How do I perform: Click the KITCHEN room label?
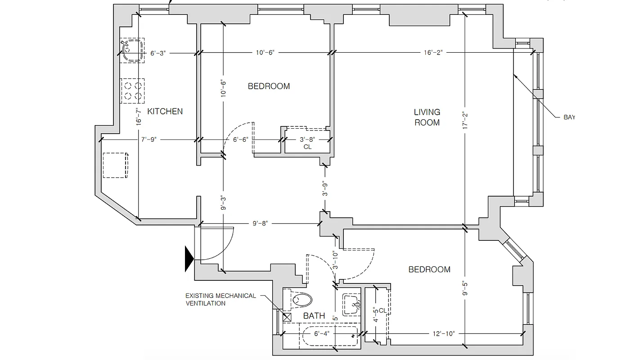[165, 111]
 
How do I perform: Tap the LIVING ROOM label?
[427, 117]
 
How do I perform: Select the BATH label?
[314, 315]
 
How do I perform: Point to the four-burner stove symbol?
[133, 89]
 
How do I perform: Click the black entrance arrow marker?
[189, 259]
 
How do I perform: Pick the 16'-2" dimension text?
[433, 53]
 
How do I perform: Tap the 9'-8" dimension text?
[260, 223]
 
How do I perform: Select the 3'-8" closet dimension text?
[308, 139]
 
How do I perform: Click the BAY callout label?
[569, 117]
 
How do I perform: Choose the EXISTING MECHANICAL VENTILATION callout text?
[221, 299]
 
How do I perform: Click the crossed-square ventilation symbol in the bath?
[287, 316]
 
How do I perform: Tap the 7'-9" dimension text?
[148, 139]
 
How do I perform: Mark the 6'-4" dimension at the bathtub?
[321, 333]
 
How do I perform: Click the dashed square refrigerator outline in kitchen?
[116, 165]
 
